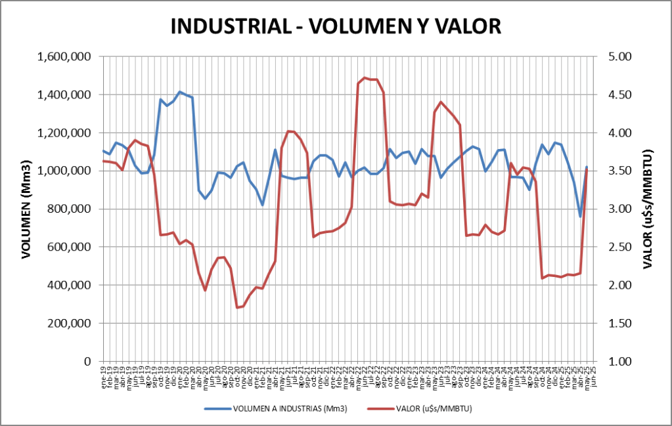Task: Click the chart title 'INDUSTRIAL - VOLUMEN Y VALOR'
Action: pyautogui.click(x=336, y=26)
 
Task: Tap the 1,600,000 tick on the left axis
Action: pyautogui.click(x=64, y=57)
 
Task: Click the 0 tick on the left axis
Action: pyautogui.click(x=87, y=362)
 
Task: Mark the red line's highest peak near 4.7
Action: pyautogui.click(x=365, y=77)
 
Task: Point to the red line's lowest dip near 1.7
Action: pyautogui.click(x=237, y=307)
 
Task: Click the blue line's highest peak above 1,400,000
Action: pyautogui.click(x=180, y=92)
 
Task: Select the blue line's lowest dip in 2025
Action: pyautogui.click(x=580, y=216)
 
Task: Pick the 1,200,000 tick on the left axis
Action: pyautogui.click(x=64, y=133)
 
